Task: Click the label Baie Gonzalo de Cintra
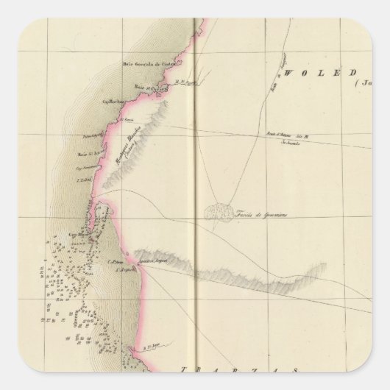pyautogui.click(x=149, y=67)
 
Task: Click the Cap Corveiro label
pyautogui.click(x=88, y=168)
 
